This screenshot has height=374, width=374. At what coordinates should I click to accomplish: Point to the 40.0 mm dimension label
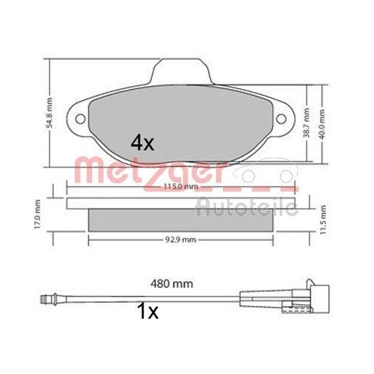(x=322, y=124)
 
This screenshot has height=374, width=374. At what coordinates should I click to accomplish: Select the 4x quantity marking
(x=142, y=142)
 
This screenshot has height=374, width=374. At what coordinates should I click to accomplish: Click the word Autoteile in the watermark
(x=247, y=206)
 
